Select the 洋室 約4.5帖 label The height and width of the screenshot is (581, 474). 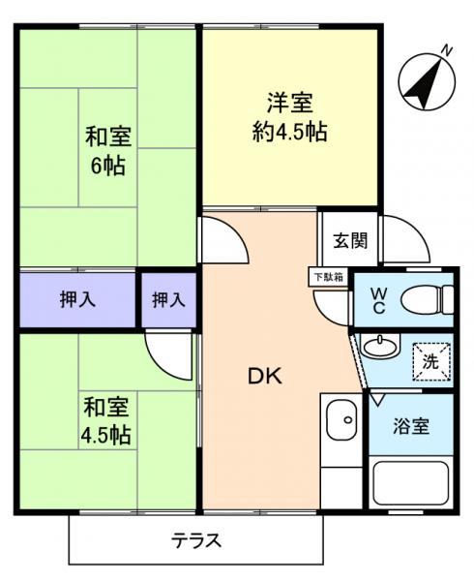click(289, 116)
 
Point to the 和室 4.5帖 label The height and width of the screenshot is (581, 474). click(106, 417)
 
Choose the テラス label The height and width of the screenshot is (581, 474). click(197, 540)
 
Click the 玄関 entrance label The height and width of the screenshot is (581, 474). click(350, 242)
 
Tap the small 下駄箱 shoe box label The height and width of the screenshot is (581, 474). click(326, 276)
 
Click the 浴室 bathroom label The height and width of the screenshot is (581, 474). click(411, 426)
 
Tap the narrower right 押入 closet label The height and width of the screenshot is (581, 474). click(168, 300)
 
